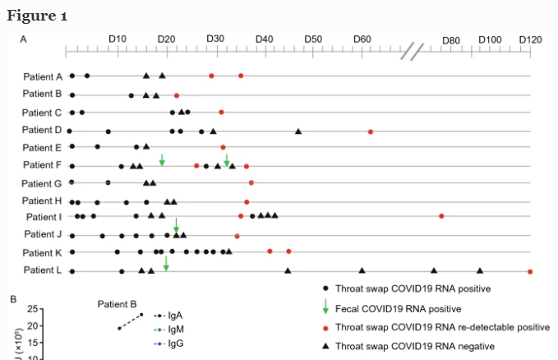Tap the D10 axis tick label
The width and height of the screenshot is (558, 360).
118,39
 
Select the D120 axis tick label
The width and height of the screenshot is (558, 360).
530,39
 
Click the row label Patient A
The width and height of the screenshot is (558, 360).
43,76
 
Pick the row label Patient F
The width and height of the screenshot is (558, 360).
43,165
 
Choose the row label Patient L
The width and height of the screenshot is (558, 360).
43,270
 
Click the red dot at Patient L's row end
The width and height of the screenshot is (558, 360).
530,271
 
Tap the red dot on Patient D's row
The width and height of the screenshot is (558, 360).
371,132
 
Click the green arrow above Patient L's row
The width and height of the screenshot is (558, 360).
166,263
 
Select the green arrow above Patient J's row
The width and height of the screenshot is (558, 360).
176,225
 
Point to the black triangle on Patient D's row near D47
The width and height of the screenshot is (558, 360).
298,132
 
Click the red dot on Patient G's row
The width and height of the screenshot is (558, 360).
251,182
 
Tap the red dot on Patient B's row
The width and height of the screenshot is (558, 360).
177,95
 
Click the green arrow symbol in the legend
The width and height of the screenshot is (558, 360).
326,307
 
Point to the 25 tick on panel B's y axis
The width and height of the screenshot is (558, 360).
33,310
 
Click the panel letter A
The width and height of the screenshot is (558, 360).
23,39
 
